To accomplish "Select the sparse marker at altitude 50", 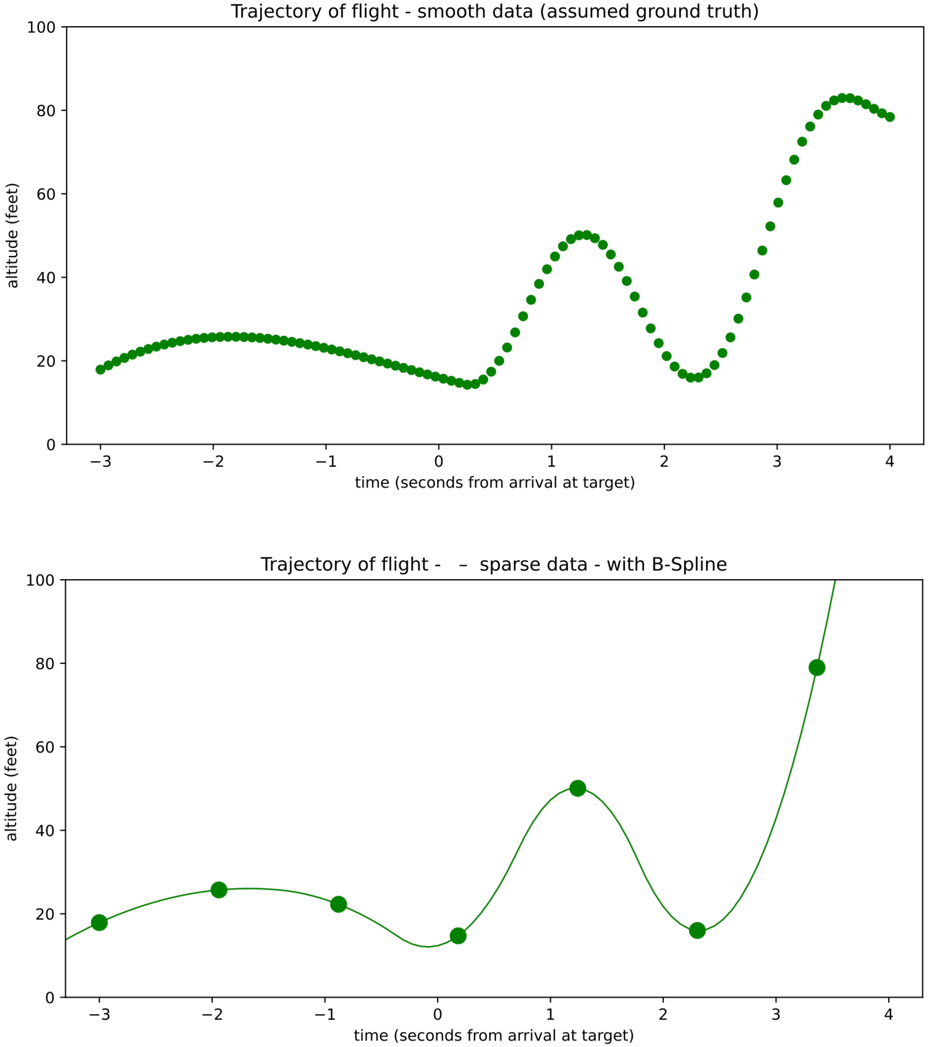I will (x=578, y=788).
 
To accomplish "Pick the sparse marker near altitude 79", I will (x=817, y=668).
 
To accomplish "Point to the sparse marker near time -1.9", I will (x=219, y=890).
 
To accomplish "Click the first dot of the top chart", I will (x=100, y=369).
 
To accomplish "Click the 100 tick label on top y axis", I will (x=41, y=27).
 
